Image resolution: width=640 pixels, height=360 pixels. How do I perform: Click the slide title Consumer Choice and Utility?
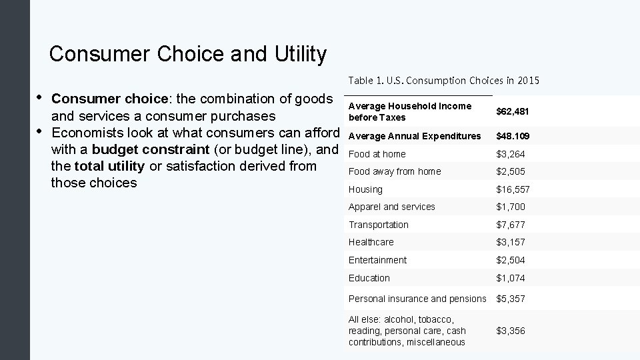point(188,53)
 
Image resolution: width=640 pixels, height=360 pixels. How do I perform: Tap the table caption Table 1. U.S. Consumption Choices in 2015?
point(443,81)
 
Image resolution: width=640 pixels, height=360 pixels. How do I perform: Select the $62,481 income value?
point(513,112)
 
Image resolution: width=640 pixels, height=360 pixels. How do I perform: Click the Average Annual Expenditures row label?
point(415,136)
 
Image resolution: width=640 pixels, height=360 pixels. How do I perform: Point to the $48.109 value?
point(513,136)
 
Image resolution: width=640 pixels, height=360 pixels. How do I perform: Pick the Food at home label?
point(377,154)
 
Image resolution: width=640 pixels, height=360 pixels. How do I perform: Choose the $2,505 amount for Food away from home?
point(511,171)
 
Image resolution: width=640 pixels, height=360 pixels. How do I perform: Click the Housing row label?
point(365,189)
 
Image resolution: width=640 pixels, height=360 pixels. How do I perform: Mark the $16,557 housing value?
point(513,189)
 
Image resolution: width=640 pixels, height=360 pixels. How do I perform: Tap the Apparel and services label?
point(391,207)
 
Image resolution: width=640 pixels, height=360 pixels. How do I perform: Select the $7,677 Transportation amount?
point(511,225)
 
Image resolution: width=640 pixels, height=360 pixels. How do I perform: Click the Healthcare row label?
point(371,242)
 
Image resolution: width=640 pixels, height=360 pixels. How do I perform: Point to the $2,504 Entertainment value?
point(511,260)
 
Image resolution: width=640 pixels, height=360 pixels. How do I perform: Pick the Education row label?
point(369,278)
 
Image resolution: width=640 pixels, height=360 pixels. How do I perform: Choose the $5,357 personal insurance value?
point(511,299)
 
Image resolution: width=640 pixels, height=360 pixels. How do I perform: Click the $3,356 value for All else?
point(511,331)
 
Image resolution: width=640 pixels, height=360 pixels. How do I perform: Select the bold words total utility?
point(109,165)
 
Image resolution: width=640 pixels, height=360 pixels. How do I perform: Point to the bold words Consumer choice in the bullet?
point(109,99)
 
